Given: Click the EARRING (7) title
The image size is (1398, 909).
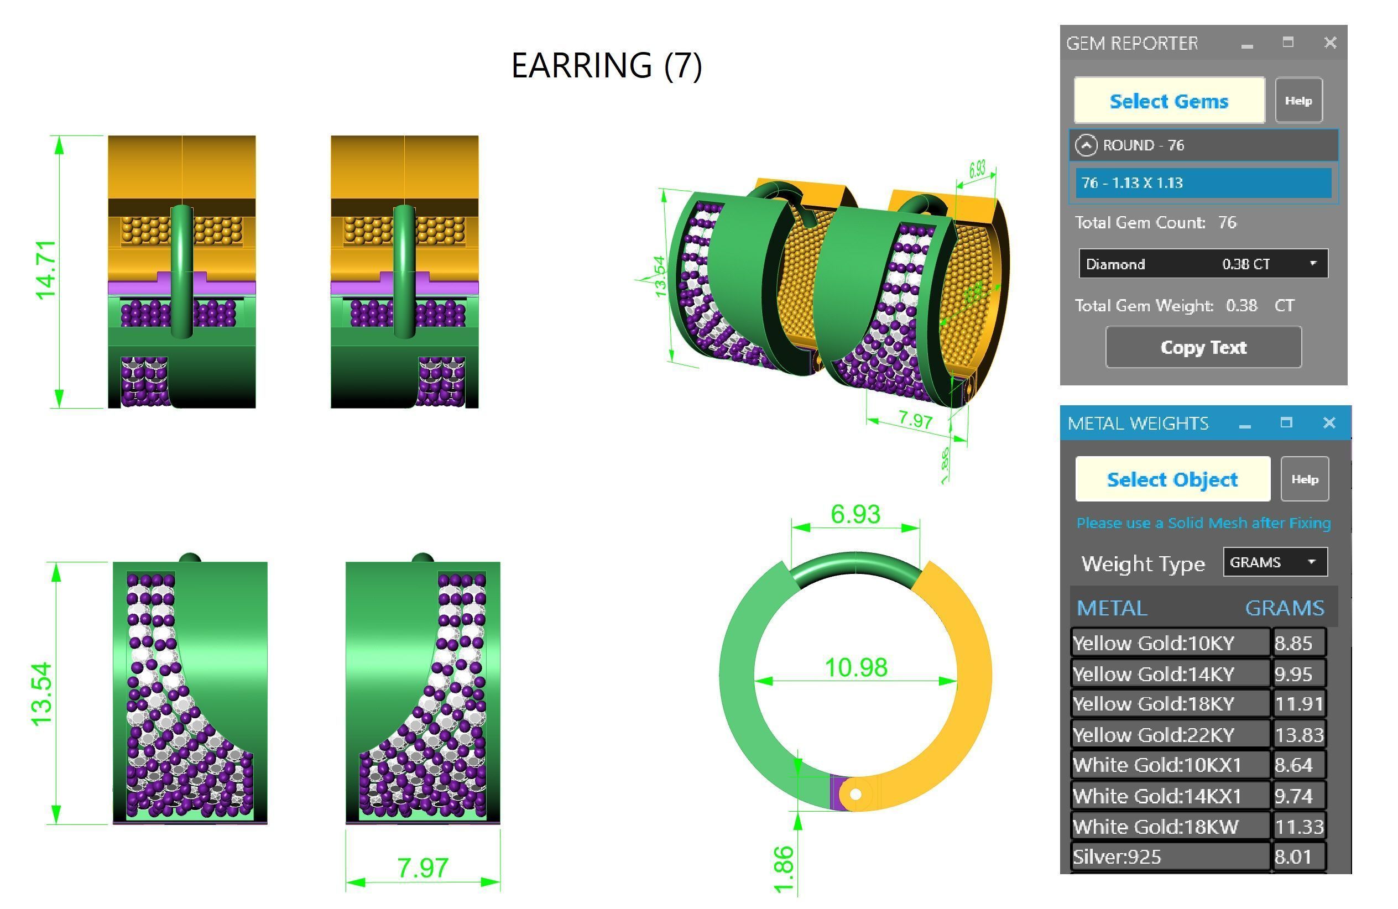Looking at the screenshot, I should point(606,65).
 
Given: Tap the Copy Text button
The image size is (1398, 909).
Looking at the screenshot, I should point(1203,348).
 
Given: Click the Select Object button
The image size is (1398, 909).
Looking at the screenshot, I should point(1172,480).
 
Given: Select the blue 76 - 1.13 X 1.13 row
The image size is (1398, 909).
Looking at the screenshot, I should point(1203,182).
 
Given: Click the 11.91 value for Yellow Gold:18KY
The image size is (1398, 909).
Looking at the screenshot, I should point(1298,703).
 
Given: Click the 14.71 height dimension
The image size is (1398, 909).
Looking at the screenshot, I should point(46,271).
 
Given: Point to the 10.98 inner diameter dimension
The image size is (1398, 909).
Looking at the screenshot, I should point(856,667).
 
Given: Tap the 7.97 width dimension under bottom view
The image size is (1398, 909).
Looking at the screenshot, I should point(422,868).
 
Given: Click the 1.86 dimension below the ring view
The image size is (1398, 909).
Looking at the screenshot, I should point(784,870).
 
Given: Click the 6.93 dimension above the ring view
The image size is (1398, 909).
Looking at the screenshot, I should point(856,514).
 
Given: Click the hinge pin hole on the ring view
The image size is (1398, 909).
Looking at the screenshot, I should point(856,795).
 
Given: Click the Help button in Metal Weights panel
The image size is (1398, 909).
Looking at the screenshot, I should point(1305,480).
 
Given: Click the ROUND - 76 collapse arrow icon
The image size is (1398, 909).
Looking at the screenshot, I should point(1086,145).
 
